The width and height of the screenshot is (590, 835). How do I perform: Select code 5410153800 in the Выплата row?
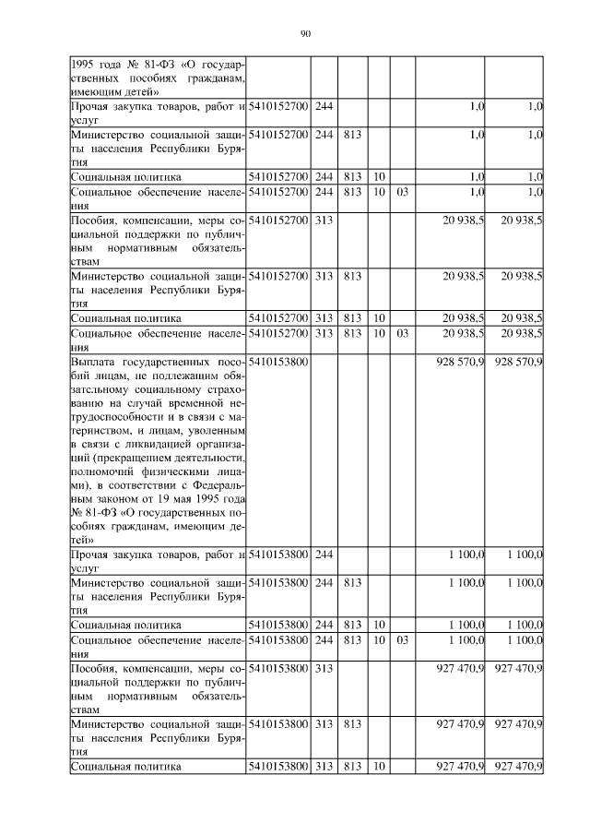(278, 362)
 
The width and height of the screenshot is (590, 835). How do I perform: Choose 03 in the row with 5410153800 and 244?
(402, 639)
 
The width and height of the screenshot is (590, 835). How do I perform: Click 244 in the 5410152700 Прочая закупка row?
(324, 108)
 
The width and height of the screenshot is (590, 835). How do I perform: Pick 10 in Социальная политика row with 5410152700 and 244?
(379, 176)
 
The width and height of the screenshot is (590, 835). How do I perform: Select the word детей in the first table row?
(138, 91)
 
